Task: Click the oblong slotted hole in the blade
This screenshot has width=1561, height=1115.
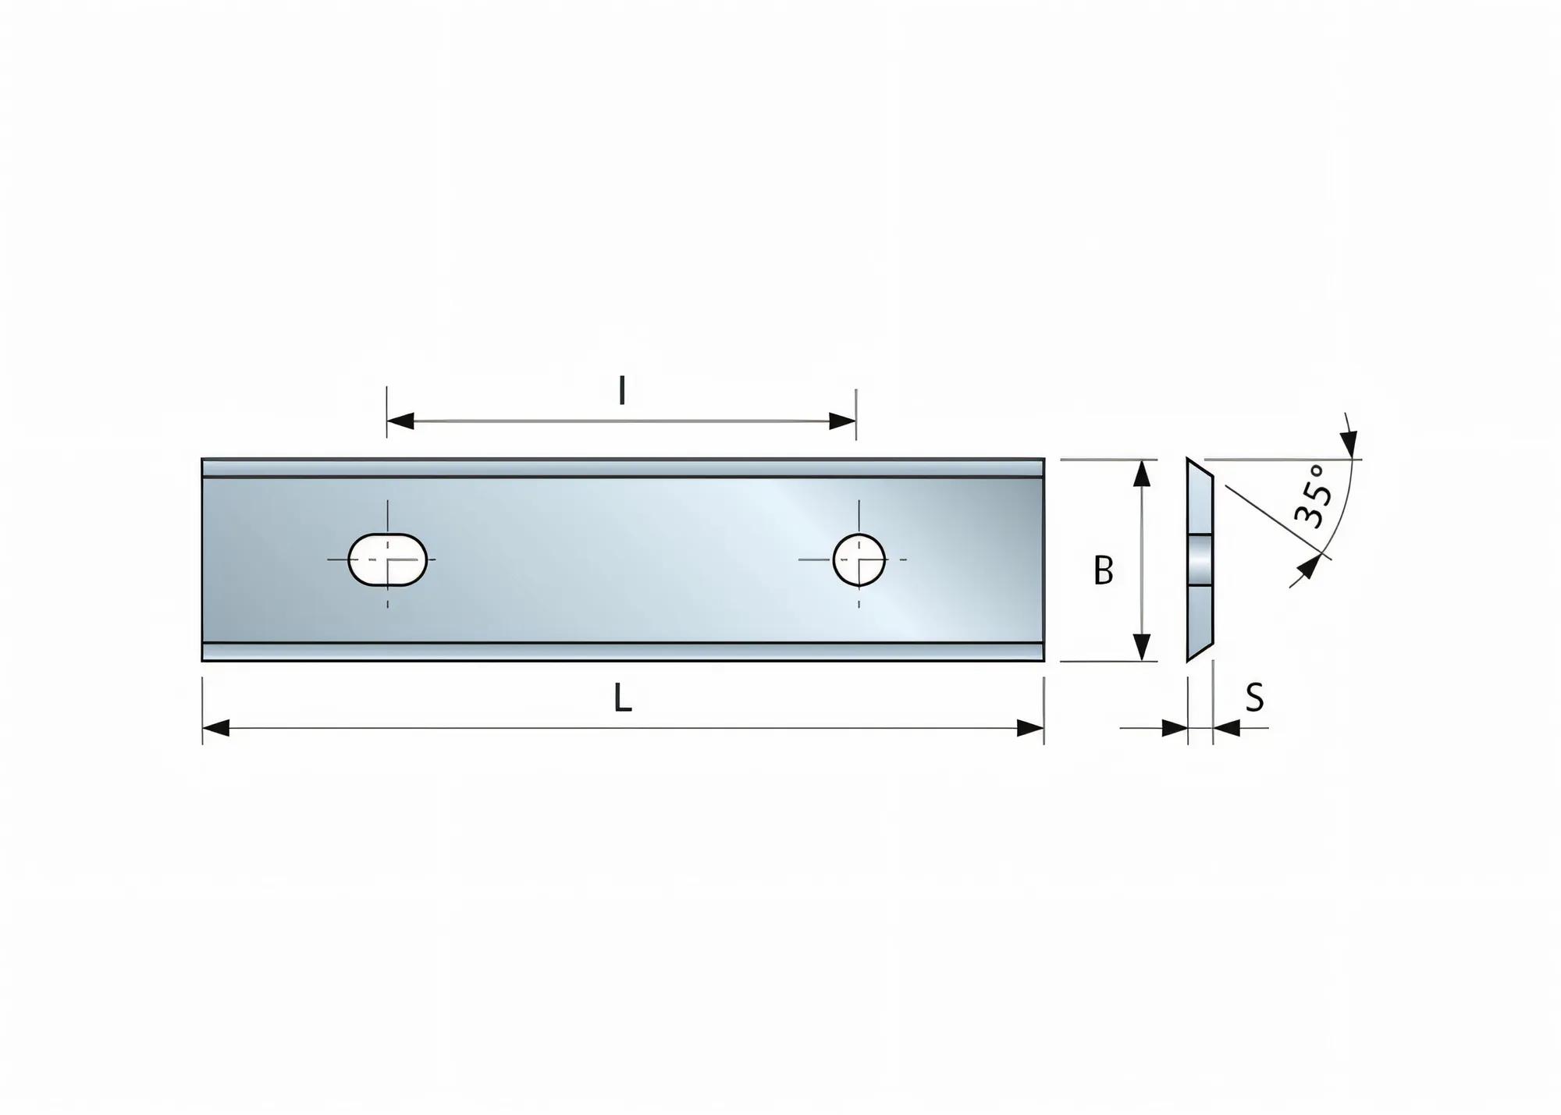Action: (387, 559)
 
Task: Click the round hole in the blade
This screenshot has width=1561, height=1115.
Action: (859, 559)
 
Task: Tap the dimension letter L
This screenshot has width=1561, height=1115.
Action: (622, 698)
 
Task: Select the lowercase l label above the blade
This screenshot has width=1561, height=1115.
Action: (621, 391)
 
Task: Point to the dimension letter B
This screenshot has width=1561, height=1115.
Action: (1103, 571)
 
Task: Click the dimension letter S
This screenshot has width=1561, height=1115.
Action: (1254, 698)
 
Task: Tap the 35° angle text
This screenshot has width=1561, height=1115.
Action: (1311, 496)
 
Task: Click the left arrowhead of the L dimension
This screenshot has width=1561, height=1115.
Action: (216, 728)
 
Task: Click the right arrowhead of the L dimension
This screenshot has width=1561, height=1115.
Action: (1030, 728)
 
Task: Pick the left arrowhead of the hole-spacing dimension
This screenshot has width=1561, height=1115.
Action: (400, 421)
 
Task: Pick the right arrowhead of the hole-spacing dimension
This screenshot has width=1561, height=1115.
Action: (843, 421)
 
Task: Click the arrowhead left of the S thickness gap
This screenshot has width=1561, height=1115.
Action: (1175, 728)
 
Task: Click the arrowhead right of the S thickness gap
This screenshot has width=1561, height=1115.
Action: (1227, 728)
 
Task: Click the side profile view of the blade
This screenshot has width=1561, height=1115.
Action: (1200, 559)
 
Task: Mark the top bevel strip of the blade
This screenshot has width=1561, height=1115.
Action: (622, 468)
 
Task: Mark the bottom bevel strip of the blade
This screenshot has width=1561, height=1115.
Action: (622, 652)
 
